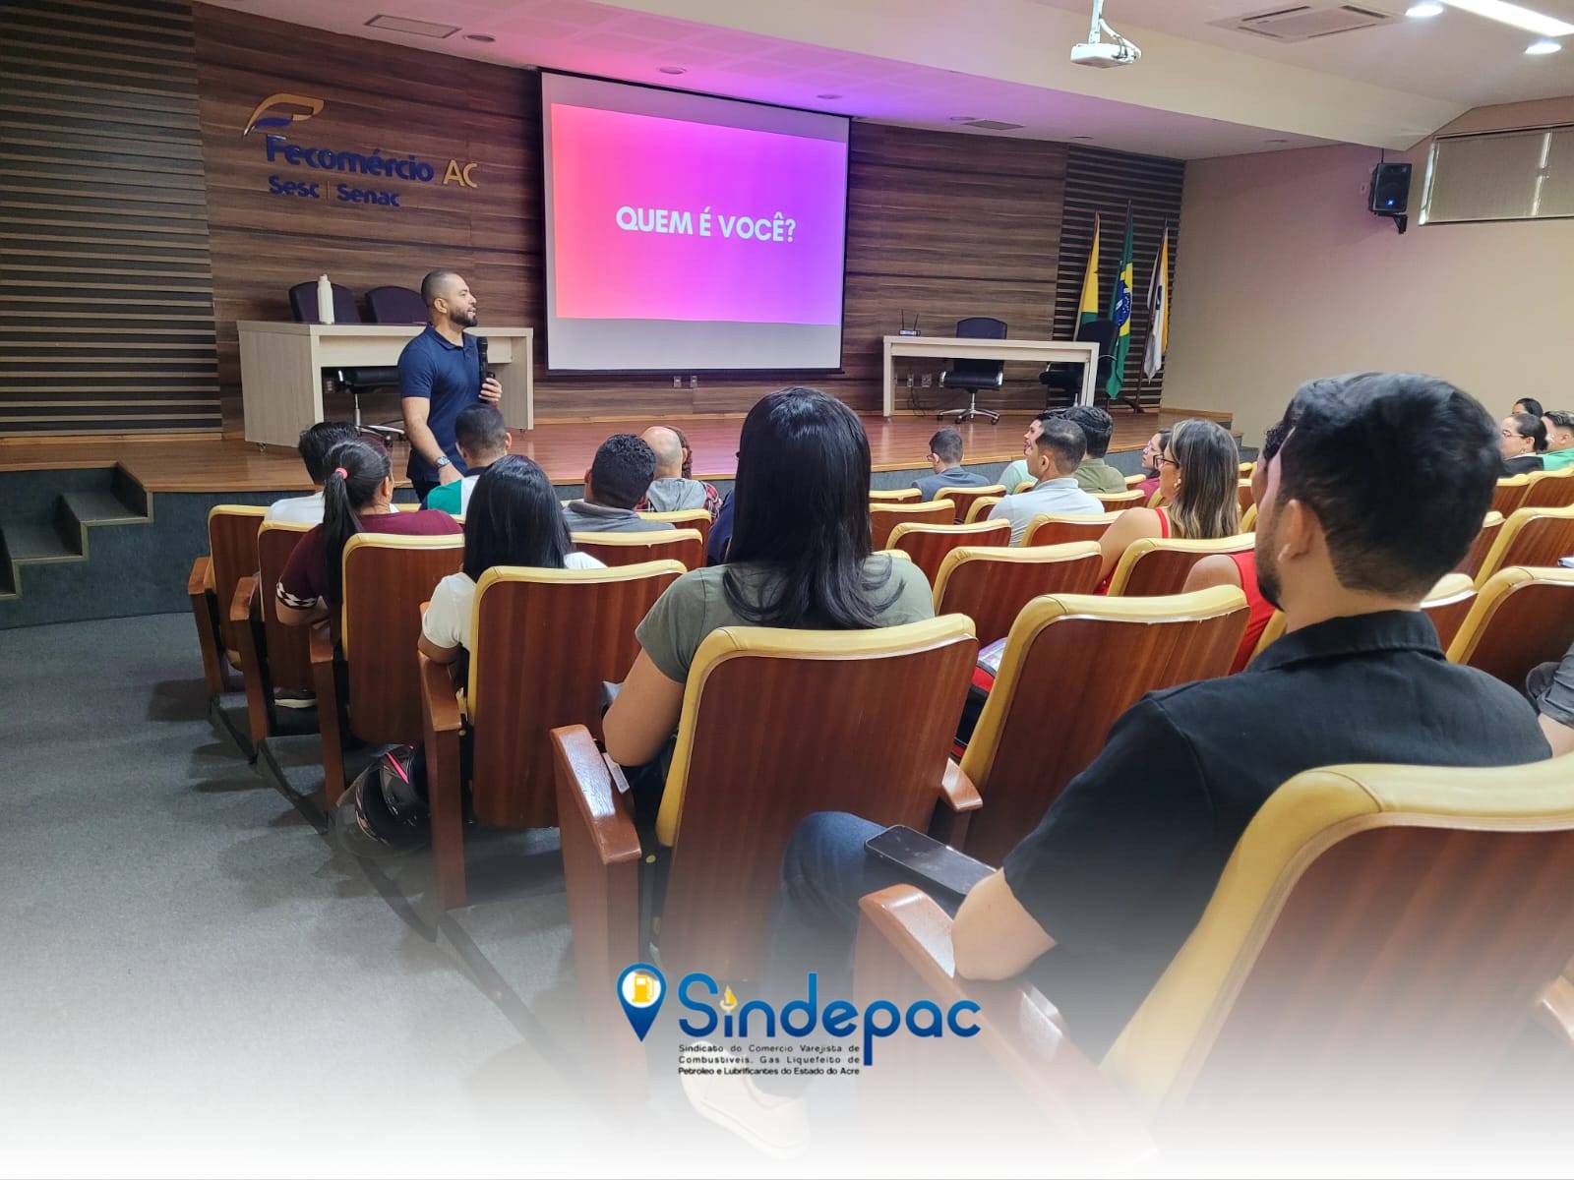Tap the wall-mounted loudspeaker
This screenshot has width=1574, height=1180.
click(1390, 189)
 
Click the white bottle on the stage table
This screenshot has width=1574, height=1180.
click(326, 299)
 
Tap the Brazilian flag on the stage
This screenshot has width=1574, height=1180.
click(1120, 308)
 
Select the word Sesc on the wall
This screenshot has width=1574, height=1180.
click(293, 188)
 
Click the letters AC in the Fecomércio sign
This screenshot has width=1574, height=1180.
click(459, 173)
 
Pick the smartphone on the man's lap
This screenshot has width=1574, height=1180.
click(928, 860)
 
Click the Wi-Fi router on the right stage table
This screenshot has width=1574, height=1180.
click(909, 328)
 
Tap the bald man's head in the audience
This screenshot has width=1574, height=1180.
click(663, 450)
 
